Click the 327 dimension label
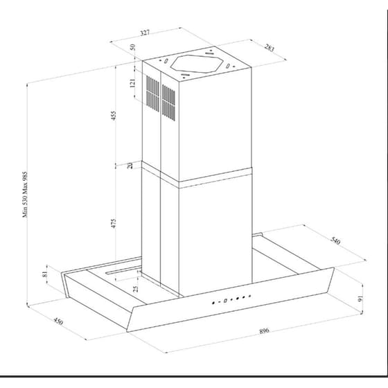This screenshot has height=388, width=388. pyautogui.click(x=145, y=33)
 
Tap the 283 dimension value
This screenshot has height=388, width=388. pyautogui.click(x=270, y=48)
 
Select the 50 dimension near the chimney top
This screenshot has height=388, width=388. pyautogui.click(x=132, y=47)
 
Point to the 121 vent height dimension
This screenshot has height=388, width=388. pyautogui.click(x=132, y=83)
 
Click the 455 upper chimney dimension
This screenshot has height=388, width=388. pyautogui.click(x=113, y=116)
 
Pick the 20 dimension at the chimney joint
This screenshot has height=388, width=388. pyautogui.click(x=130, y=165)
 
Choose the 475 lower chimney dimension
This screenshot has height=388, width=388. pyautogui.click(x=113, y=223)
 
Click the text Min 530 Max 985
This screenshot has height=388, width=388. pyautogui.click(x=26, y=195)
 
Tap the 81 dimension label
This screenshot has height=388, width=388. pyautogui.click(x=45, y=274)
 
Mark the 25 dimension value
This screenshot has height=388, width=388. pyautogui.click(x=136, y=289)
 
